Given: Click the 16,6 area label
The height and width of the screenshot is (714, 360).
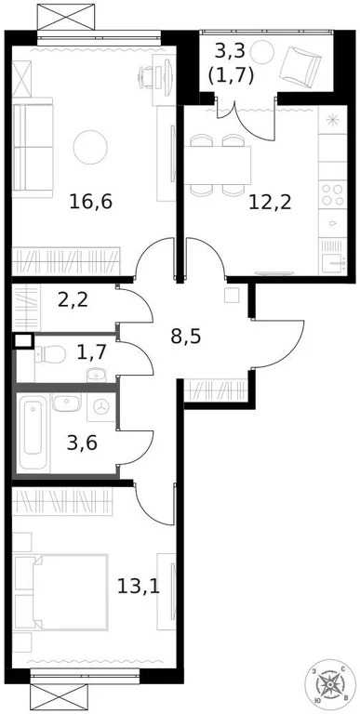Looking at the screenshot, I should pos(91,201).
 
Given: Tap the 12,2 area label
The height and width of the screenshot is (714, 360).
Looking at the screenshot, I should pos(270,201).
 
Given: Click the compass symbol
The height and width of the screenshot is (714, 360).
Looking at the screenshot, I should pos(332,685).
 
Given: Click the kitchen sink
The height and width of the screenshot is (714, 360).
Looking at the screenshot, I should pos(332,261).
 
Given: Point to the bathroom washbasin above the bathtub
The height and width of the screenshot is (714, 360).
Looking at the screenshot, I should pos(65,404).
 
